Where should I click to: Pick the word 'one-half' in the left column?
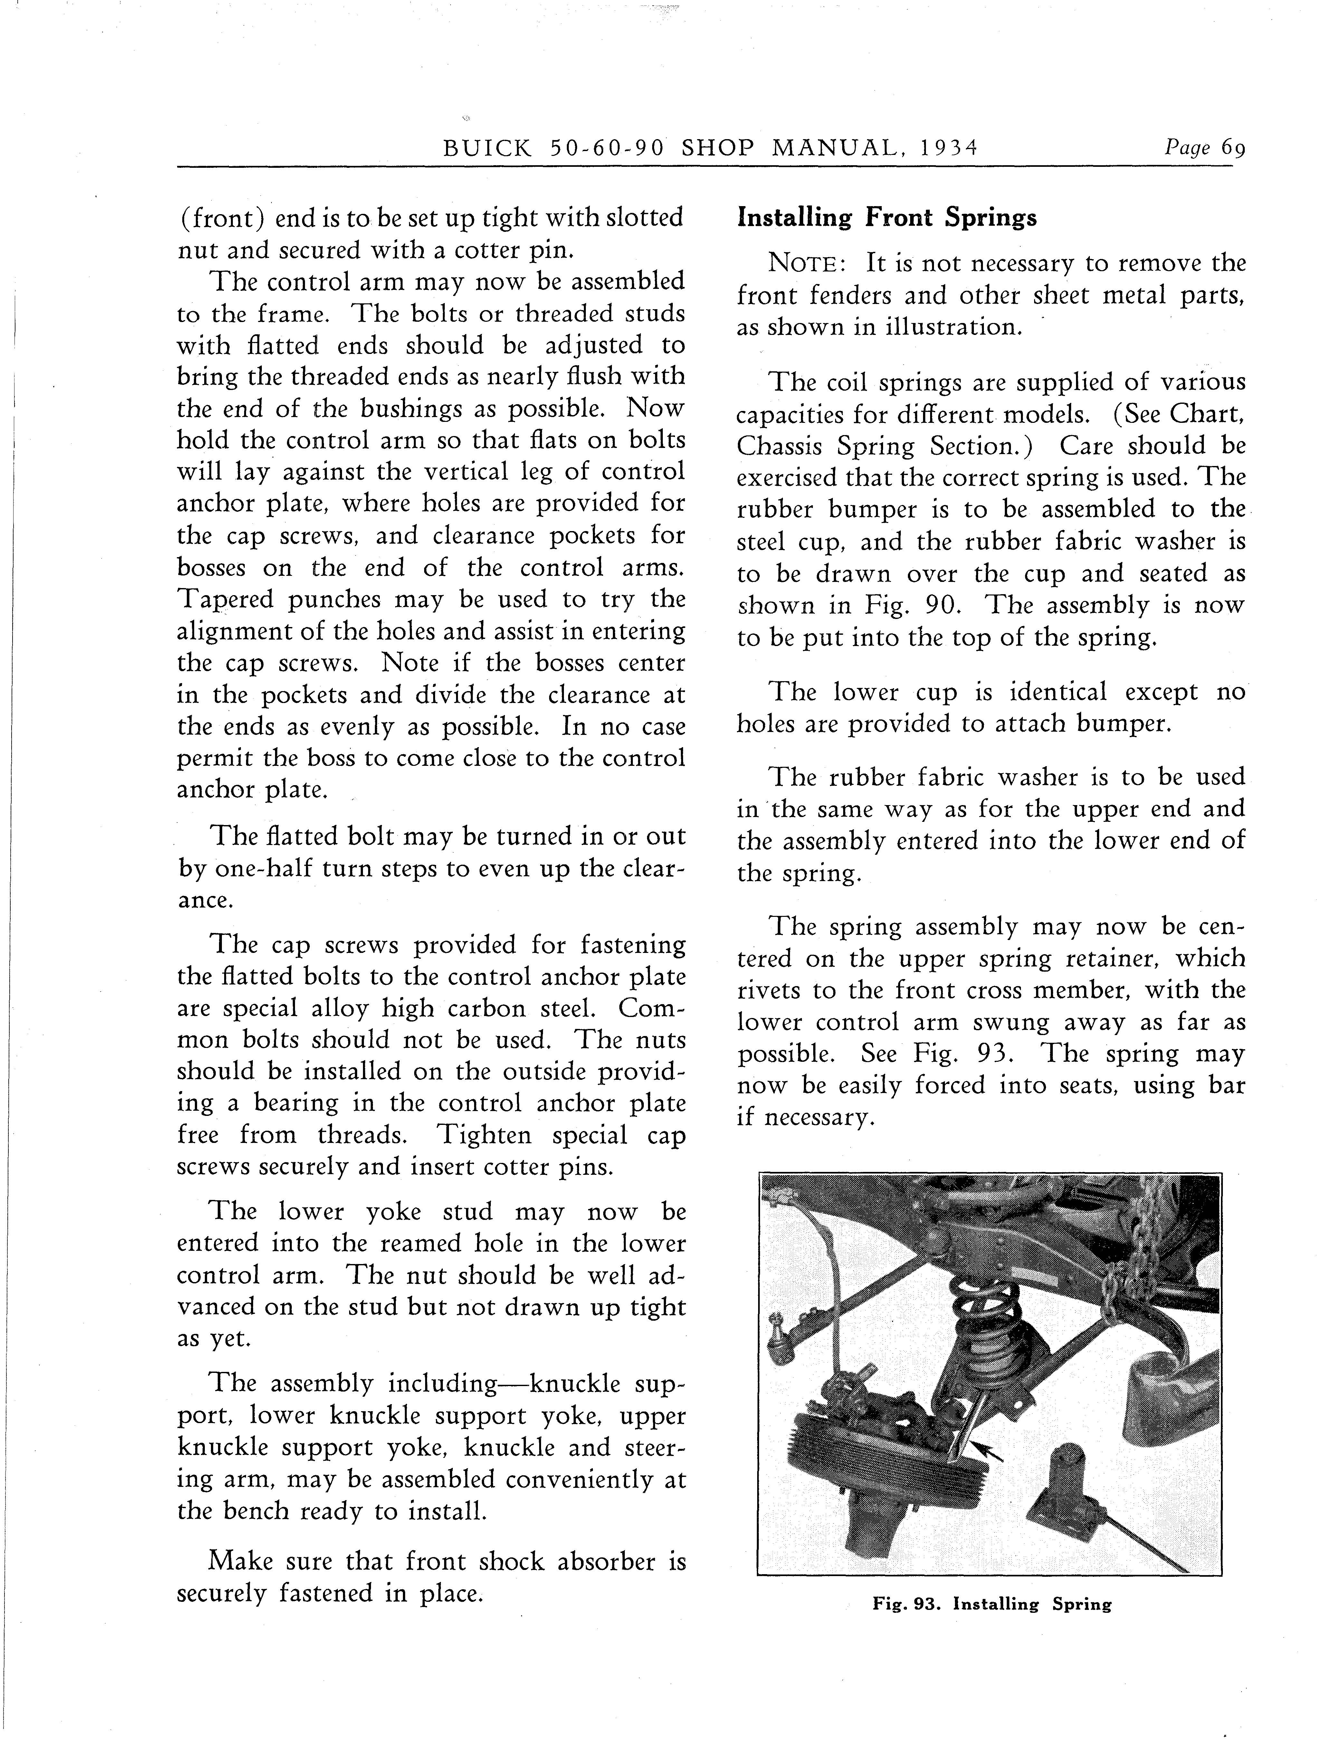(x=261, y=869)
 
